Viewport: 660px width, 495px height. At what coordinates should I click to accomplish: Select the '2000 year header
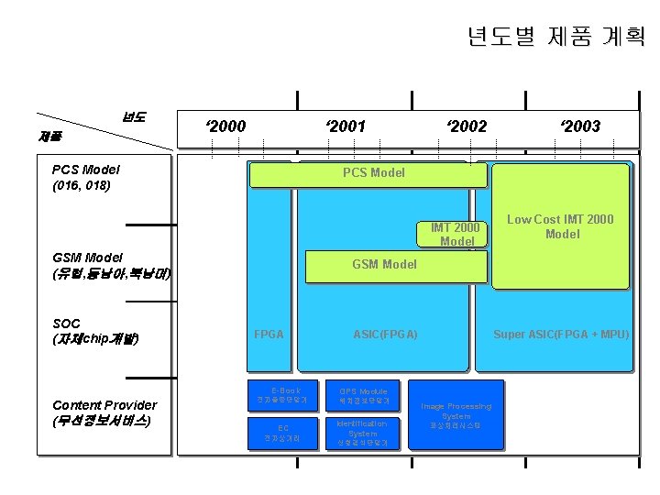coord(225,126)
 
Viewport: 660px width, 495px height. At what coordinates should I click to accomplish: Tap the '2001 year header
coord(346,126)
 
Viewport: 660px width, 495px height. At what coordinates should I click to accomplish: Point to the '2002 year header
coord(466,126)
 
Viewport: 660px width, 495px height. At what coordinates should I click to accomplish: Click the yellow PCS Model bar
coord(373,173)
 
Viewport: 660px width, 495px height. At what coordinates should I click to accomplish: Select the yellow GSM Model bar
coord(384,264)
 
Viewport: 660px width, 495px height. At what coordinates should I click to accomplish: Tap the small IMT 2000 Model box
coord(456,235)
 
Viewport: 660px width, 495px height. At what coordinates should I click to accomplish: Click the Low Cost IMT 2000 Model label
coord(561,226)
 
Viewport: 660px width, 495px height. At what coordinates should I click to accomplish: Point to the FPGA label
coord(269,335)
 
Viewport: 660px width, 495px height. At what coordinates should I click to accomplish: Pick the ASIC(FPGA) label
coord(385,335)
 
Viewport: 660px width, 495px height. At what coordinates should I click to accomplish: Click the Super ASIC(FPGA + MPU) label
coord(561,335)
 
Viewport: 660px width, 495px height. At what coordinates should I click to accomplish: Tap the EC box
coord(284,433)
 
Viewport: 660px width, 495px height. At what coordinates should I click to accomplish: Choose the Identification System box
coord(363,433)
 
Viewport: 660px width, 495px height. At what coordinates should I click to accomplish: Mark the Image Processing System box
coord(456,415)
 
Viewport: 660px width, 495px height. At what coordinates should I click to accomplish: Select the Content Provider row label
coord(104,412)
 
